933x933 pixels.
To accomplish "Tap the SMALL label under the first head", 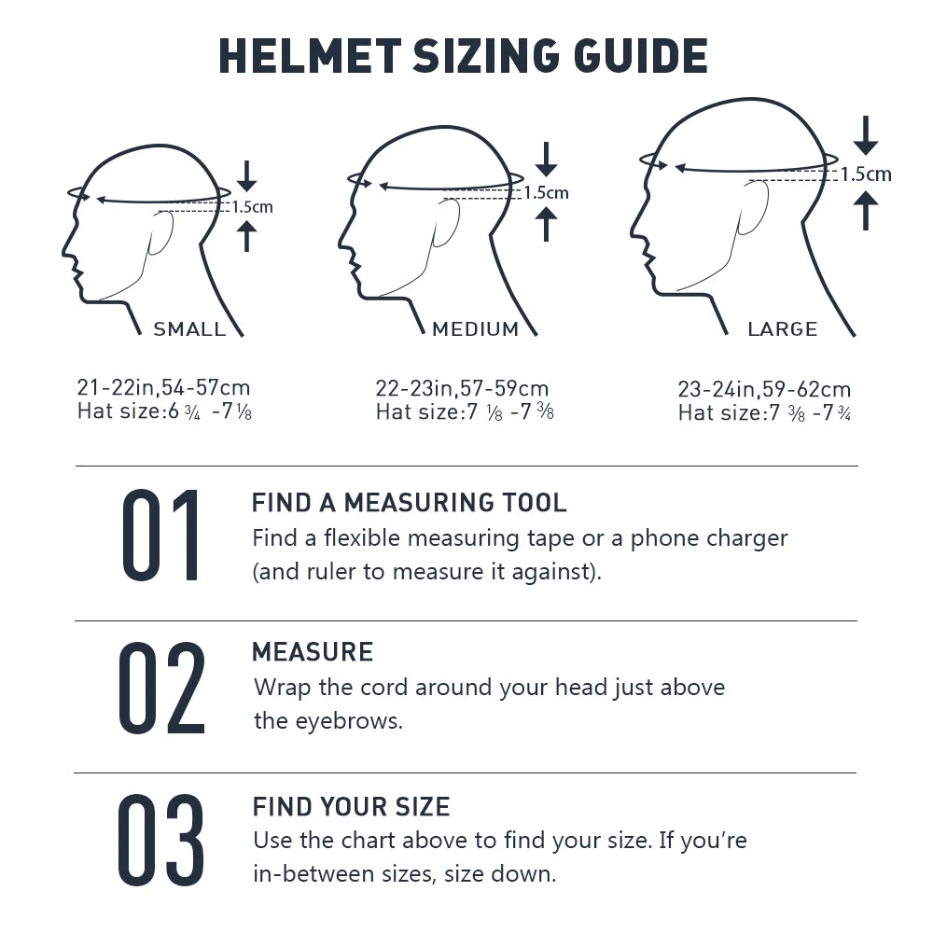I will click(x=189, y=328).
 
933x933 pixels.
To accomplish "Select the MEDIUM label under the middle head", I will click(x=475, y=328).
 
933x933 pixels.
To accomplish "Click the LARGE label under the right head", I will click(x=782, y=328).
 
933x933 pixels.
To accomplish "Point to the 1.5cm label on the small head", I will click(x=252, y=207).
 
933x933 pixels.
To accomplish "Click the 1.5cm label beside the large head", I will click(x=865, y=174).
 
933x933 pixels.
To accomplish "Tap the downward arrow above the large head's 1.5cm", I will click(x=866, y=136).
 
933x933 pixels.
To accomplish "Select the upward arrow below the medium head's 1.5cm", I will click(x=547, y=224).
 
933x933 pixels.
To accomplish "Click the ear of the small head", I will click(x=160, y=232).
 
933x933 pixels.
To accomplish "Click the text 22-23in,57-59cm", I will click(x=462, y=388).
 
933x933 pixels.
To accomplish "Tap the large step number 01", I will click(x=160, y=536).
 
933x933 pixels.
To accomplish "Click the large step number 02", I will click(x=160, y=688).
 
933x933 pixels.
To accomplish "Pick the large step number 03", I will click(x=160, y=840).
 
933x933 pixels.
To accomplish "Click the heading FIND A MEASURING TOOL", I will click(x=409, y=503).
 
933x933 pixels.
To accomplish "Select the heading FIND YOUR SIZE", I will click(x=351, y=806).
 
